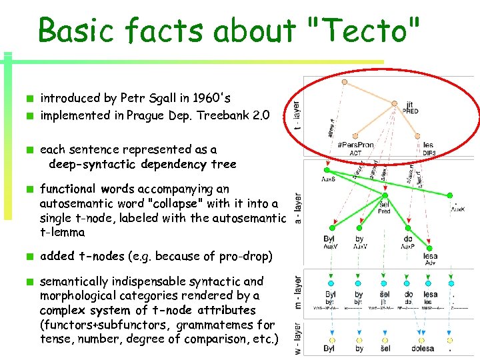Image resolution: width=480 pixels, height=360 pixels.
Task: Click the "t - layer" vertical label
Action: point(297,113)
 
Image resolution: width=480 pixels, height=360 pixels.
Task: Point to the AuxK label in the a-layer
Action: point(457,209)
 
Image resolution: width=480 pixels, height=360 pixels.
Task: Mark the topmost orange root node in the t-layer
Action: point(345,83)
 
